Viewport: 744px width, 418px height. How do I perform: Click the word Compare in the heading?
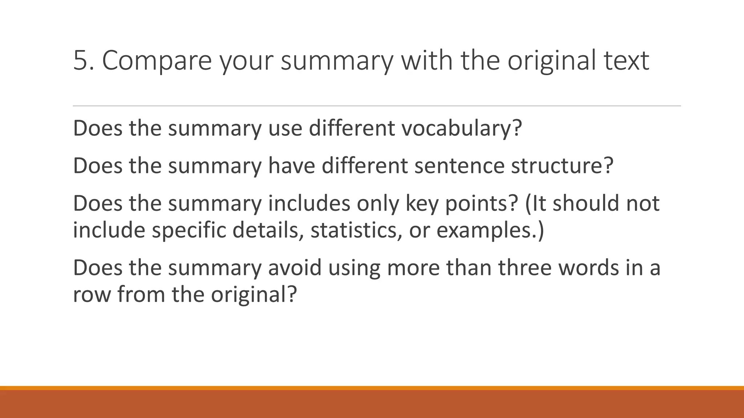coord(157,60)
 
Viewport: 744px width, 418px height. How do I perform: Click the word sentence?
coord(459,166)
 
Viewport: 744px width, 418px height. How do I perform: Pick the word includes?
coord(309,203)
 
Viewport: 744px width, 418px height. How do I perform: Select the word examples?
coord(490,230)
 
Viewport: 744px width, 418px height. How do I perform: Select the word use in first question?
coord(285,128)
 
